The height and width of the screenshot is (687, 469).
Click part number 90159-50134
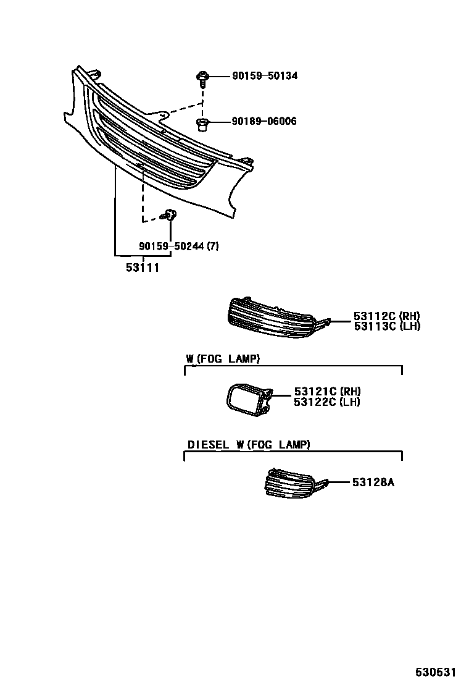click(x=265, y=76)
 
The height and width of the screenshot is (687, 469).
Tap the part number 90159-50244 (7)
click(x=179, y=247)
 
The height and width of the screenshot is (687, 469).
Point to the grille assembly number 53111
click(x=143, y=268)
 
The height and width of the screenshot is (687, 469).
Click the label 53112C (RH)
click(x=387, y=316)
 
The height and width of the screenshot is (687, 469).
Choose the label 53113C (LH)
click(x=387, y=326)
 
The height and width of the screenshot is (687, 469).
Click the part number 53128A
click(x=373, y=483)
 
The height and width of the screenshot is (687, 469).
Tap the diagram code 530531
click(x=439, y=672)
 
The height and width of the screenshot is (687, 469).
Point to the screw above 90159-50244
click(x=168, y=214)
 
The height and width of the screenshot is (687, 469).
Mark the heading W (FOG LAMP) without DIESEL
click(x=223, y=358)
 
